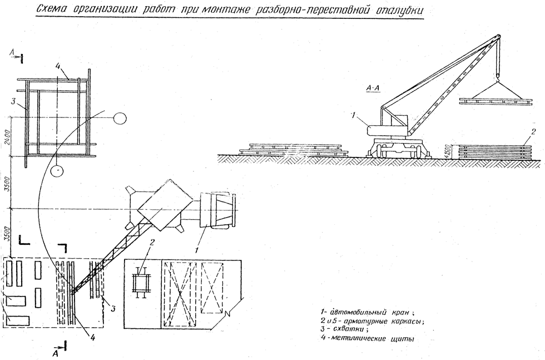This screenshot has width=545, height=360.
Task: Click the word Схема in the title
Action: (x=51, y=10)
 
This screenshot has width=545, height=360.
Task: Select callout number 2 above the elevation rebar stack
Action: (x=533, y=132)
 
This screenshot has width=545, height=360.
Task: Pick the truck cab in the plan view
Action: (x=217, y=211)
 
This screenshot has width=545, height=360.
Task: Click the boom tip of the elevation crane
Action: (x=496, y=37)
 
